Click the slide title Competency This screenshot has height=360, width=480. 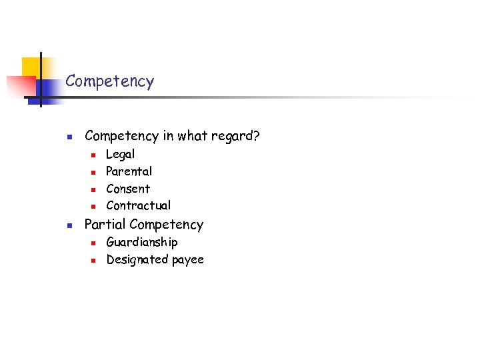tap(109, 82)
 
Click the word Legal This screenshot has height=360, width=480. tap(120, 155)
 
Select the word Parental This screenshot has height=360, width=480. tap(129, 171)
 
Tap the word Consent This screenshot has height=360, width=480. tap(128, 189)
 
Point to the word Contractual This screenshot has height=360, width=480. tap(138, 205)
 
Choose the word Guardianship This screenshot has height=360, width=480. tap(141, 242)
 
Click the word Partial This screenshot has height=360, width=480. tap(105, 225)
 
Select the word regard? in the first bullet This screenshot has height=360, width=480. tap(236, 137)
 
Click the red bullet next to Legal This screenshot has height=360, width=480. tap(94, 155)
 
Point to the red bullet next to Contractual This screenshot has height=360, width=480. tap(94, 206)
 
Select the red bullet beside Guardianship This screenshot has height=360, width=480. tap(94, 243)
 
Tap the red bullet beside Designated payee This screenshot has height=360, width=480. tap(94, 260)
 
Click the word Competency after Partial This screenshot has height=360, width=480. tap(167, 225)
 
